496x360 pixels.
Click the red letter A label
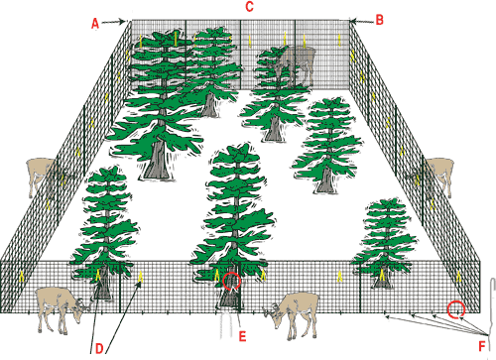(x=95, y=24)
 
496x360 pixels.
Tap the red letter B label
(x=380, y=20)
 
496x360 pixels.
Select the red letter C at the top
(x=250, y=7)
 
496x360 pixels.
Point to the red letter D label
(x=99, y=348)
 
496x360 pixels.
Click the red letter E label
(x=242, y=336)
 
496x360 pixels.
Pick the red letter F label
(x=482, y=346)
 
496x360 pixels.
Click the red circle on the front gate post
(x=232, y=282)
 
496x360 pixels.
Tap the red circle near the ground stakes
(x=456, y=309)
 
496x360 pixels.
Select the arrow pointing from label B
(x=362, y=21)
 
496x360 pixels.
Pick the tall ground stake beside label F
(x=492, y=304)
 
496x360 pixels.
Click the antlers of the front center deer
(x=269, y=310)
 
